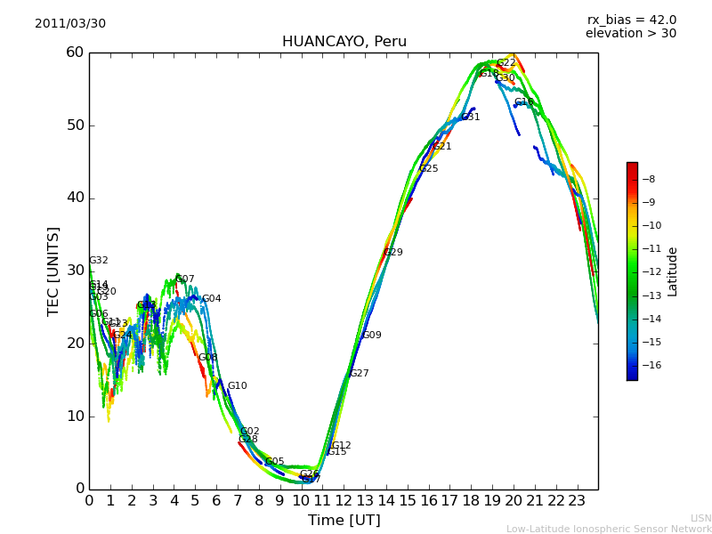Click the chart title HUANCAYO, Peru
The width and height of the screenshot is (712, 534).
tap(344, 42)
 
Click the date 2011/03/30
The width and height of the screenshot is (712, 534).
tap(70, 24)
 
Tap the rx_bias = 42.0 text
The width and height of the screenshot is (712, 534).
tap(631, 20)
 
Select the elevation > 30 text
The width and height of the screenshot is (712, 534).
tap(630, 34)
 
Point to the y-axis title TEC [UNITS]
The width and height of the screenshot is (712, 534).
tap(54, 271)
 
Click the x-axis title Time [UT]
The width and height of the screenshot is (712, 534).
tap(344, 521)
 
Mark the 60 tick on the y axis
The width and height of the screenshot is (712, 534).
tap(74, 53)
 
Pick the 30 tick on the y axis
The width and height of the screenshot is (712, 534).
tap(74, 271)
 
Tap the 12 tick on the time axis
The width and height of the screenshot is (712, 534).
tap(344, 501)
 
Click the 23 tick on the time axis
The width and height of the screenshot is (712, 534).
tap(577, 501)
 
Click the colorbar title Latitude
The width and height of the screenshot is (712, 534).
tap(673, 271)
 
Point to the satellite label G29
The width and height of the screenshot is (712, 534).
tap(393, 253)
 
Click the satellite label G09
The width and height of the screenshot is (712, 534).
tap(372, 336)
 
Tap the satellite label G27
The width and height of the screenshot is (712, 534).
tap(360, 374)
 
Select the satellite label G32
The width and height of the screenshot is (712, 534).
tap(99, 261)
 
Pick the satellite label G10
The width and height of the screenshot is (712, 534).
tap(238, 386)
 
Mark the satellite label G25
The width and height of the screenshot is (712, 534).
tap(429, 169)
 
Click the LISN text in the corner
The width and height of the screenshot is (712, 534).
tap(701, 518)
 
